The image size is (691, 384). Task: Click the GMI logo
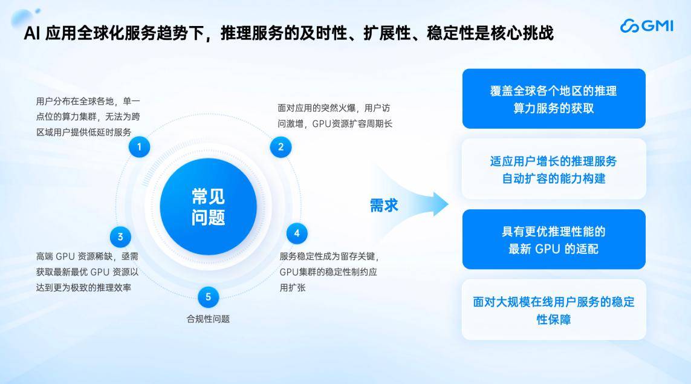pos(646,26)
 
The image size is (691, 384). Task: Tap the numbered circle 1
pos(139,147)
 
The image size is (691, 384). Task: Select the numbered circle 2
pos(281,147)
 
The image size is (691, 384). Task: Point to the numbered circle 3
pos(120,236)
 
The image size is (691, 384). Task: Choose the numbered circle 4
pos(297,233)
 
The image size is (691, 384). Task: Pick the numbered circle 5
pos(209,297)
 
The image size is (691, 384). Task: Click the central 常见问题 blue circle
pos(209,207)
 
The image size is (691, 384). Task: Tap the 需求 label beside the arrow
pos(384,206)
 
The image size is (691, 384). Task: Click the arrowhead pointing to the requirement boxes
pos(440,204)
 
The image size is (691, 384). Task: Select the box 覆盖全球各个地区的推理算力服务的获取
pos(554,99)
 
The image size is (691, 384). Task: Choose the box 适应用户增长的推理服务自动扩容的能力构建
pos(554,169)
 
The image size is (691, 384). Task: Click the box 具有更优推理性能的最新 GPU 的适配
pos(554,239)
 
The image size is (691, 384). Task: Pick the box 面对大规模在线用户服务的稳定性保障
pos(554,310)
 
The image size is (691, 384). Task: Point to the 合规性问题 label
pos(209,319)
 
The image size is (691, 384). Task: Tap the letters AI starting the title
pos(31,33)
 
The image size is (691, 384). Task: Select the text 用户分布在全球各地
pos(75,102)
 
